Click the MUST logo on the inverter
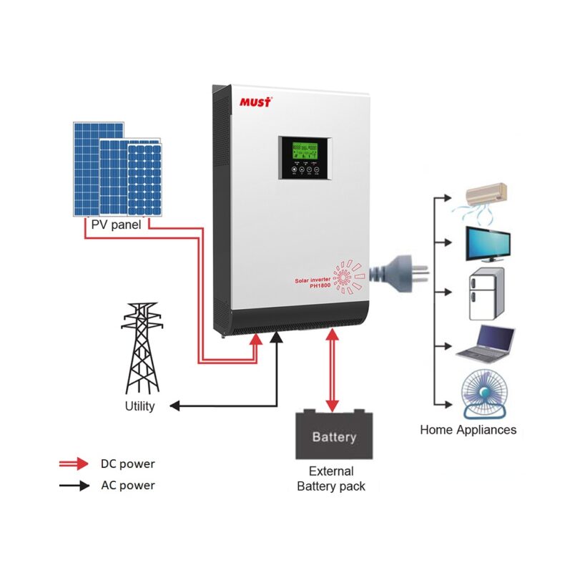click(x=255, y=102)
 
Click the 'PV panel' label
click(x=116, y=224)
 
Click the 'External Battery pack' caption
click(x=331, y=478)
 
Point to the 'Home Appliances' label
click(x=468, y=430)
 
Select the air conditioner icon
click(x=486, y=197)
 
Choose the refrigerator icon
click(x=486, y=295)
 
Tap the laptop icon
click(x=486, y=343)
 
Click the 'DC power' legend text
click(x=127, y=463)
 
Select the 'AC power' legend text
click(x=127, y=485)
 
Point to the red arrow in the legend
click(x=74, y=463)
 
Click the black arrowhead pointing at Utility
click(x=175, y=406)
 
